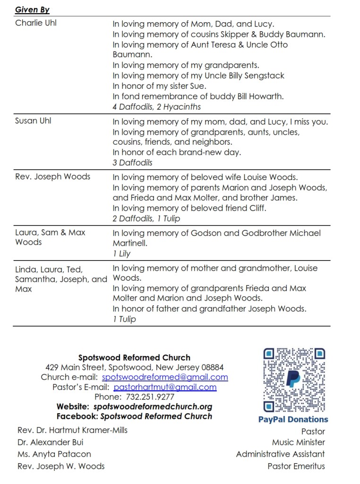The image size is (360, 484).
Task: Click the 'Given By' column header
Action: [32, 9]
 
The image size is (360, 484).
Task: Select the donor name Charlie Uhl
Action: [36, 23]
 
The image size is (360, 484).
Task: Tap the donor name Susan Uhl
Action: [33, 121]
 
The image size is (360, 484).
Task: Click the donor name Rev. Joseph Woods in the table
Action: [52, 177]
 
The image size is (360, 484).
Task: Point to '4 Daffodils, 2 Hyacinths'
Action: [156, 107]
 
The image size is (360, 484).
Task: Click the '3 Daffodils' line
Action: [132, 163]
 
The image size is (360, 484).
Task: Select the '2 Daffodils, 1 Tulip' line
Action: [146, 218]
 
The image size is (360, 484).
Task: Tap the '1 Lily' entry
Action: [121, 253]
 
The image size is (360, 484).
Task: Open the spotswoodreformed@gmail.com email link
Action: [165, 377]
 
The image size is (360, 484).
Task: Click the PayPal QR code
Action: [293, 380]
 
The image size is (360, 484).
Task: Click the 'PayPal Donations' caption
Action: [293, 419]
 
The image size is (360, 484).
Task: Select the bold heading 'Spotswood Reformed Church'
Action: [134, 358]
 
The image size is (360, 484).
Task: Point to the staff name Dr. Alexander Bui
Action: [51, 442]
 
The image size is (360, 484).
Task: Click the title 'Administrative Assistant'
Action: [280, 454]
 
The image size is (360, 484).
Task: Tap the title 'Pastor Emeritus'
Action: [296, 466]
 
